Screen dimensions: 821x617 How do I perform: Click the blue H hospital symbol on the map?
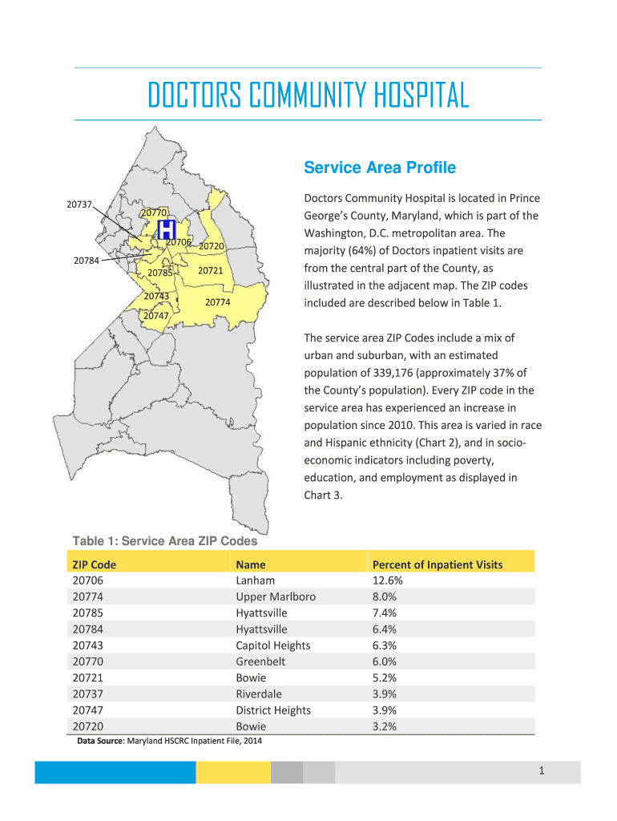tap(167, 230)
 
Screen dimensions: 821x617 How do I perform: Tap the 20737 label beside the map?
tap(79, 204)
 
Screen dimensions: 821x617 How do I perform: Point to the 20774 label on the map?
tap(218, 302)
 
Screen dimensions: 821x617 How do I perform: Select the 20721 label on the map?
tap(210, 271)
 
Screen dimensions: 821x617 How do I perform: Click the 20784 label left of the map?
tap(87, 260)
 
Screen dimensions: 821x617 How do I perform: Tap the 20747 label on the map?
tap(155, 316)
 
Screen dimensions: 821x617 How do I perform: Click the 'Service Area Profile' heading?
tap(379, 168)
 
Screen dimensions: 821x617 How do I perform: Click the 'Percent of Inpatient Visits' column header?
tap(438, 564)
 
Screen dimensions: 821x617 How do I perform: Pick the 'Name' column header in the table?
tap(251, 564)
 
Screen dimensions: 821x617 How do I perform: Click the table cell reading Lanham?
tap(255, 580)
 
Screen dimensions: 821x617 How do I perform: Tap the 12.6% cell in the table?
tap(387, 580)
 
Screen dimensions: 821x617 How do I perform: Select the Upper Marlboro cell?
tap(276, 597)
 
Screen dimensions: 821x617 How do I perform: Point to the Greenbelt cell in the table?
tap(260, 661)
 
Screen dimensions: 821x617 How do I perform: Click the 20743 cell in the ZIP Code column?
tap(87, 645)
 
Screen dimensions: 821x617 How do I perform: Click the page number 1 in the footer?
tap(542, 771)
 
